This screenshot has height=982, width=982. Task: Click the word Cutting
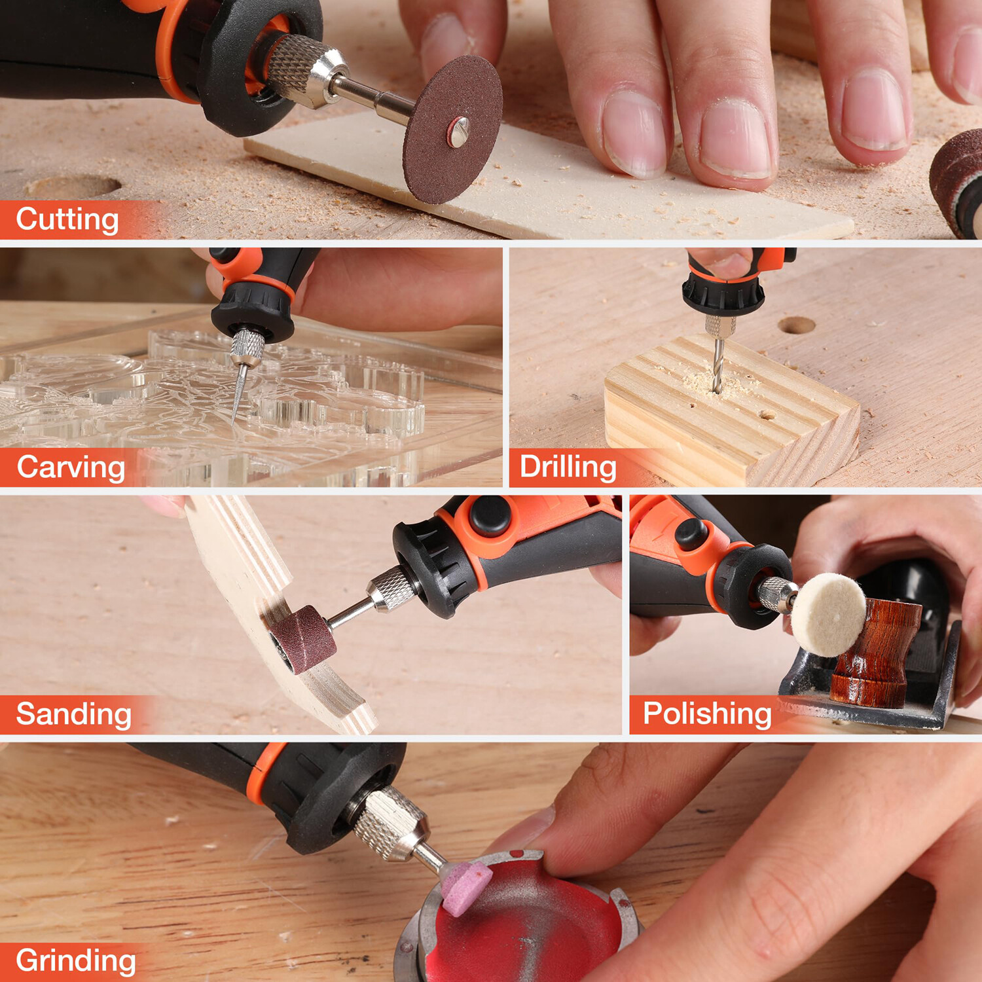tap(67, 219)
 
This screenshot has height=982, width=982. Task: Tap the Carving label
tap(71, 467)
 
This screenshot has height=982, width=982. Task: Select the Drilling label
tap(568, 467)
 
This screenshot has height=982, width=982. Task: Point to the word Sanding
tap(73, 714)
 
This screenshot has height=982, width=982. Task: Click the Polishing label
tap(707, 714)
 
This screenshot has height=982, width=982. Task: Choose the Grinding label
tap(76, 961)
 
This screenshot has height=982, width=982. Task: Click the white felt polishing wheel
tap(829, 615)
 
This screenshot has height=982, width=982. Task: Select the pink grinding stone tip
tap(465, 887)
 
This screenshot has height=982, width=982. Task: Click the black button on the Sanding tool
tap(490, 517)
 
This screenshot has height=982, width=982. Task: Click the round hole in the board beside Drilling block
tap(796, 325)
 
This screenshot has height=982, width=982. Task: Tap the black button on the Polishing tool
tap(692, 534)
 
